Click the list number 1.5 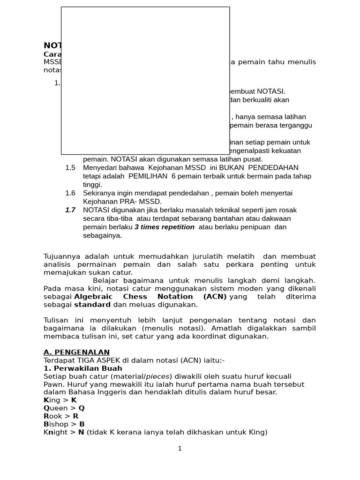coord(70,168)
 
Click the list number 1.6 coord(70,193)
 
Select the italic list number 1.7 coord(70,210)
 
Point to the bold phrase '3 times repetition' coord(165,227)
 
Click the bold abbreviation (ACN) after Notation coord(215,297)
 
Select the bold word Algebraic coord(93,297)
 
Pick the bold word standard coord(92,305)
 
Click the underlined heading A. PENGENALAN coord(76,352)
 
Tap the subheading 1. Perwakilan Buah coord(82,368)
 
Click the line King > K coord(60,400)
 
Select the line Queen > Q coord(64,408)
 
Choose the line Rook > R coord(61,416)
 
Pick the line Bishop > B coord(64,424)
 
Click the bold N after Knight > coord(81,432)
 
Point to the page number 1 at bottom coord(180,449)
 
